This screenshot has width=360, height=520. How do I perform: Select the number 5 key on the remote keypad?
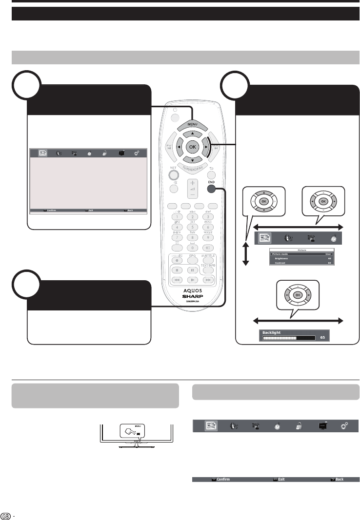click(193, 227)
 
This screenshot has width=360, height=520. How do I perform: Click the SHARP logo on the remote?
click(193, 295)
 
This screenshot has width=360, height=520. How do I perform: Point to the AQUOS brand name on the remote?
click(193, 288)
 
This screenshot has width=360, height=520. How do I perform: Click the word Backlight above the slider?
click(273, 332)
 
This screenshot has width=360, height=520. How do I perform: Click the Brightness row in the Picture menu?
click(282, 258)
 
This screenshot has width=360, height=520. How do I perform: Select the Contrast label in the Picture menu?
click(280, 263)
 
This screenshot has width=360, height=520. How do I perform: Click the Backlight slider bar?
click(289, 337)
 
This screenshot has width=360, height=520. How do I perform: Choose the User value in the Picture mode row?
click(328, 254)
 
